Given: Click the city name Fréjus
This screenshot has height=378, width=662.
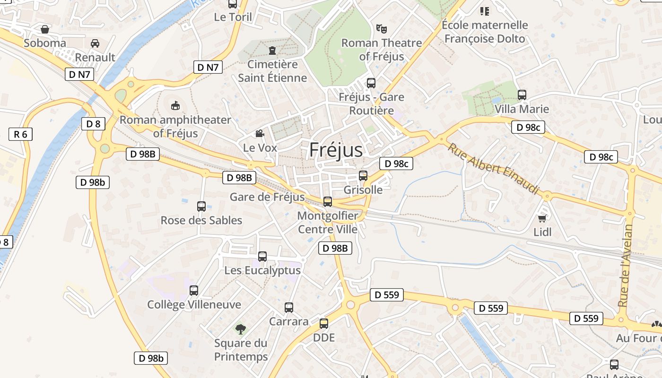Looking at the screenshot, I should pyautogui.click(x=336, y=150).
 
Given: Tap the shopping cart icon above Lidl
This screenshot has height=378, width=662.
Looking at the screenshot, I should pyautogui.click(x=542, y=218).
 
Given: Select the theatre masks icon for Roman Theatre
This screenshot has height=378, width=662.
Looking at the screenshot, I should pyautogui.click(x=381, y=28).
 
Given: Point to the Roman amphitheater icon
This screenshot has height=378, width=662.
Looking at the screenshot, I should pyautogui.click(x=175, y=105).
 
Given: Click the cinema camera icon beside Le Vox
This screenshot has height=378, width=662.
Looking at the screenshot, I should pyautogui.click(x=260, y=134).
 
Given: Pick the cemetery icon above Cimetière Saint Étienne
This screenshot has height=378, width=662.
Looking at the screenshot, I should pyautogui.click(x=272, y=50).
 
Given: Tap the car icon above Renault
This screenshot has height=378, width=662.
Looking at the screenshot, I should pyautogui.click(x=95, y=43).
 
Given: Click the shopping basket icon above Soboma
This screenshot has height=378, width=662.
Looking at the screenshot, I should pyautogui.click(x=45, y=29).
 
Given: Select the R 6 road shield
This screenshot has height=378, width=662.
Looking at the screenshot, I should pyautogui.click(x=20, y=134).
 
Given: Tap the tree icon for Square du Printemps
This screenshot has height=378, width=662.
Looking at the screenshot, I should pyautogui.click(x=241, y=328).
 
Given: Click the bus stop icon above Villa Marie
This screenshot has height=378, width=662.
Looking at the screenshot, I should pyautogui.click(x=522, y=95).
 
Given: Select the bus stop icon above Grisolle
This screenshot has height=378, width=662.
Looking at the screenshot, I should pyautogui.click(x=363, y=176).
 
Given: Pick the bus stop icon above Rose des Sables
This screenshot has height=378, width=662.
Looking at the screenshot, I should pyautogui.click(x=201, y=206).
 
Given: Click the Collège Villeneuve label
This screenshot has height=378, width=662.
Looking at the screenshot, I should pyautogui.click(x=194, y=305).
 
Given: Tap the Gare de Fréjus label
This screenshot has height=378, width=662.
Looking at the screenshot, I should pyautogui.click(x=267, y=197).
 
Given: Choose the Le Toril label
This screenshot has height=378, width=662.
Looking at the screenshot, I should pyautogui.click(x=233, y=17).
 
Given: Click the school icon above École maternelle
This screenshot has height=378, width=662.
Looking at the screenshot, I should pyautogui.click(x=485, y=10).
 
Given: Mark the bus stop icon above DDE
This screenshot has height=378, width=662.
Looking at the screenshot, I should pyautogui.click(x=324, y=324).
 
